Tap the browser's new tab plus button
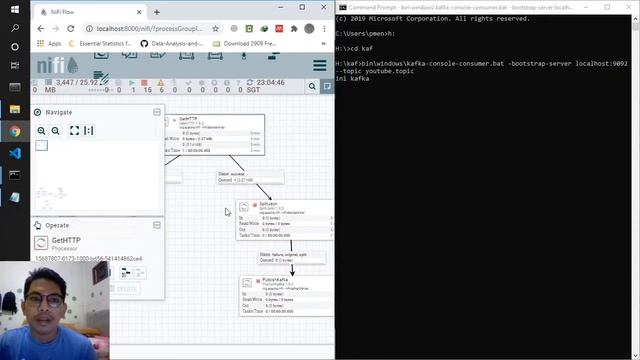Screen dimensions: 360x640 point(157,11)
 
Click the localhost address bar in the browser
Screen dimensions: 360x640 point(180,29)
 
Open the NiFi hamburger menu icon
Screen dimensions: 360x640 point(319,66)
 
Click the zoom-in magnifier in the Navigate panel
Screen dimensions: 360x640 point(42,131)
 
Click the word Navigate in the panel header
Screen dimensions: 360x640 point(58,112)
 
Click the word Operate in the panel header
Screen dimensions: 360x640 point(57,225)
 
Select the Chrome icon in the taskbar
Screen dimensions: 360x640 point(14,131)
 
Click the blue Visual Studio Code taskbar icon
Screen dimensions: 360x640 point(14,153)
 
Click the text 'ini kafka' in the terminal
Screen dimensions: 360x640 point(352,78)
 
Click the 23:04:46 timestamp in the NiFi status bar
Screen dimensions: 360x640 point(270,83)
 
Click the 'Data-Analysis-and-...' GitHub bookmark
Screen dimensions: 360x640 point(179,44)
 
